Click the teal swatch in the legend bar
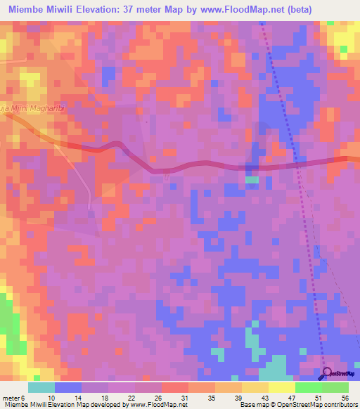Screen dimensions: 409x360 point(41,387)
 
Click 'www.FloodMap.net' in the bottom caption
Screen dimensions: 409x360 point(152,405)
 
